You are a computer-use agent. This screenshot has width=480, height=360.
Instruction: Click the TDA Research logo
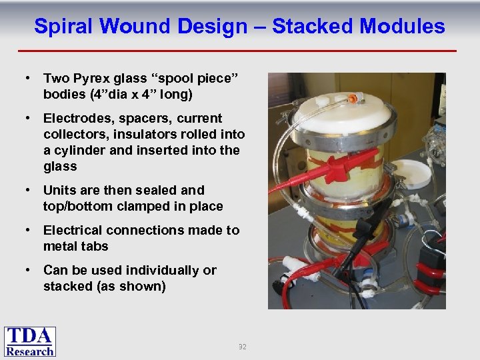pyautogui.click(x=30, y=341)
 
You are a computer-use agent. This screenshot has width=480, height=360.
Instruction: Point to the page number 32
pyautogui.click(x=242, y=347)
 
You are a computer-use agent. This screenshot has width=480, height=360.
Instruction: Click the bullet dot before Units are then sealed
pyautogui.click(x=29, y=191)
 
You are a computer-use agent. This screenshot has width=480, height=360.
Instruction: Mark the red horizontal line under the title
pyautogui.click(x=237, y=51)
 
